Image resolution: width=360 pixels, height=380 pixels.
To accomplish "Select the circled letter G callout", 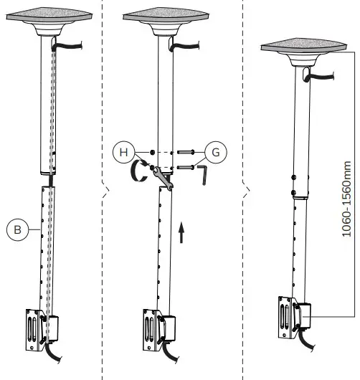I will (x=214, y=151).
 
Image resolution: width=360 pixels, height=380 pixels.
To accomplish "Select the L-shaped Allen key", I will (x=202, y=172).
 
